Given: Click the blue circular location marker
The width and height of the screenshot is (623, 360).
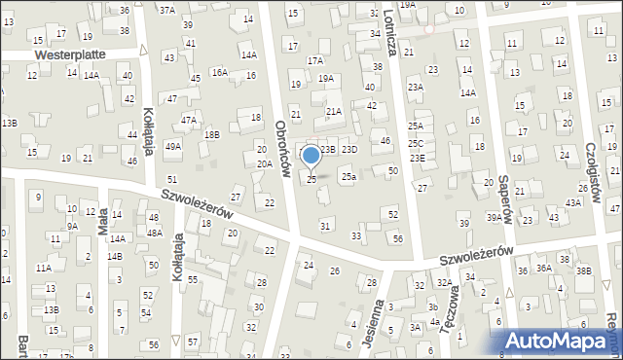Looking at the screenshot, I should coord(311,156).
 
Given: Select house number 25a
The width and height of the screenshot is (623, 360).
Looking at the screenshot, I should coord(348,176).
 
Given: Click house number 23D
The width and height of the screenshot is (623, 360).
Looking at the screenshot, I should coord(349,149).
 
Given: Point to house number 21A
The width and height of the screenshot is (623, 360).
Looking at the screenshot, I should coord(334,112).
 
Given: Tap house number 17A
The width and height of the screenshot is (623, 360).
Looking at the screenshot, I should coord(315,60).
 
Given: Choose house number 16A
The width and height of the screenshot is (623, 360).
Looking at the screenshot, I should coord(220,72).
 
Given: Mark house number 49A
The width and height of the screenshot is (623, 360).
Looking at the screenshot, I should coord(173,146).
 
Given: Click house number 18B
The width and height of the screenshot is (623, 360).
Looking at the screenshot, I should coord(211,135).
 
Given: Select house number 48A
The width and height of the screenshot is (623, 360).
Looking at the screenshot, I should coord(154,233).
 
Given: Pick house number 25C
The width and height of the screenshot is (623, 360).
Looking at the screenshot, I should coord(416,143).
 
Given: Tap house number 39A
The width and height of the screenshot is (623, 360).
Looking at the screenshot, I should coord(495,218).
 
